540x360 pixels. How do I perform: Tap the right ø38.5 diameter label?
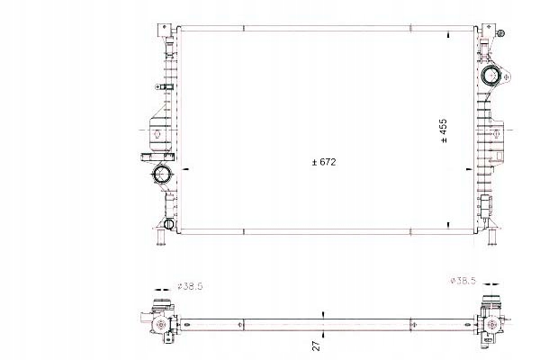(461, 281)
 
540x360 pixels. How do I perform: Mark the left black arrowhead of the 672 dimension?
(185, 168)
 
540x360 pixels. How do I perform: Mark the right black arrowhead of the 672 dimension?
(465, 168)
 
